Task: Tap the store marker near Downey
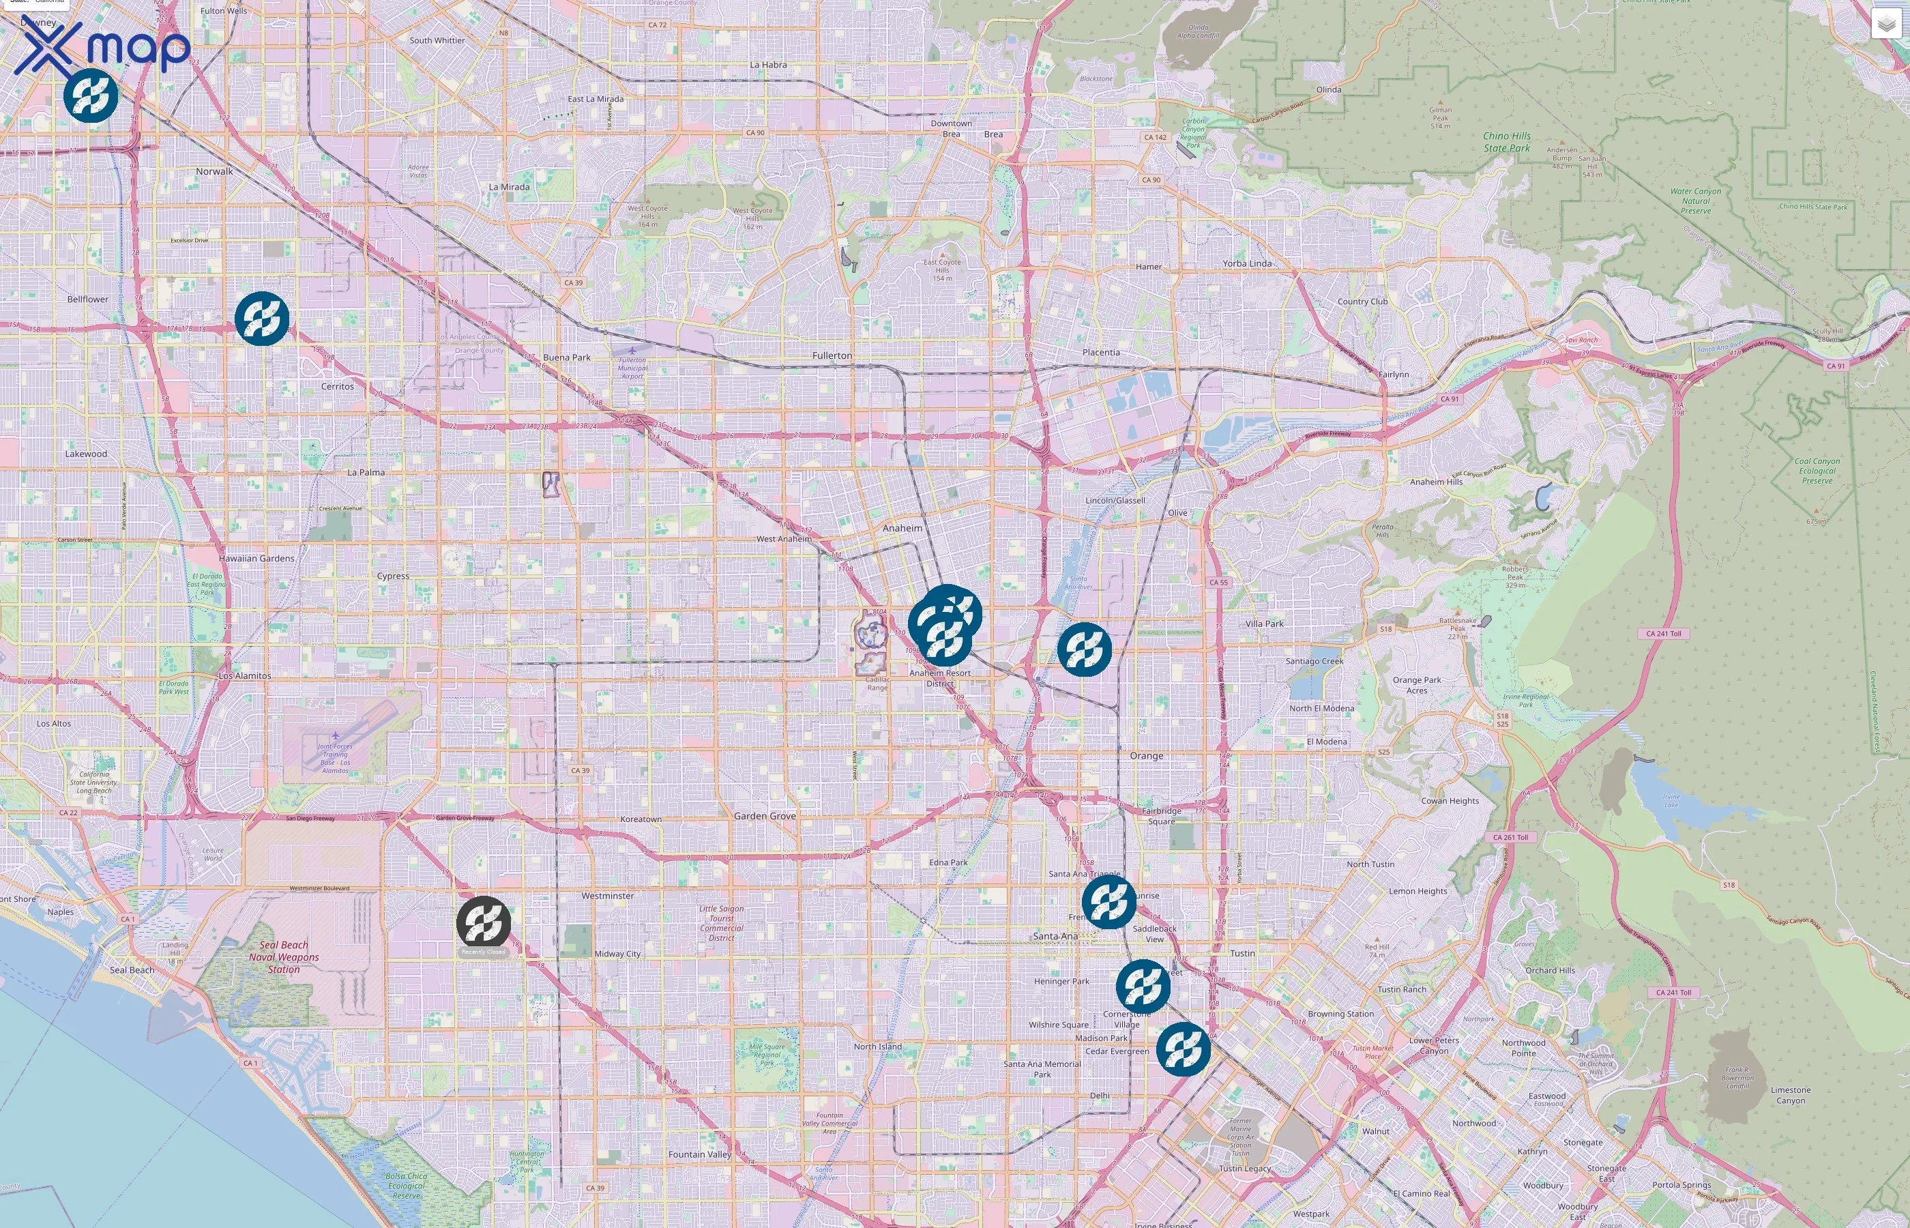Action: point(91,96)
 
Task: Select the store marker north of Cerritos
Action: point(261,318)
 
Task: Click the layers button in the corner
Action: point(1885,25)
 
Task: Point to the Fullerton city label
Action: point(832,355)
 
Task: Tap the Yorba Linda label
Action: point(1247,264)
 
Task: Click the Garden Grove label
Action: point(765,816)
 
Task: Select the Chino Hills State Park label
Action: point(1506,142)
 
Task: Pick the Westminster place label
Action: point(607,896)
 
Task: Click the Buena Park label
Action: point(567,357)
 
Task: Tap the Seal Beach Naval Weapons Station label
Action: point(284,957)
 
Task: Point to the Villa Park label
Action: point(1264,624)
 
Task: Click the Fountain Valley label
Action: point(699,1154)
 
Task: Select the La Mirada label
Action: point(509,188)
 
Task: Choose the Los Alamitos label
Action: point(245,675)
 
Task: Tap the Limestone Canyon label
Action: point(1791,1095)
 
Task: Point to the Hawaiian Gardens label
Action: point(256,558)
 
